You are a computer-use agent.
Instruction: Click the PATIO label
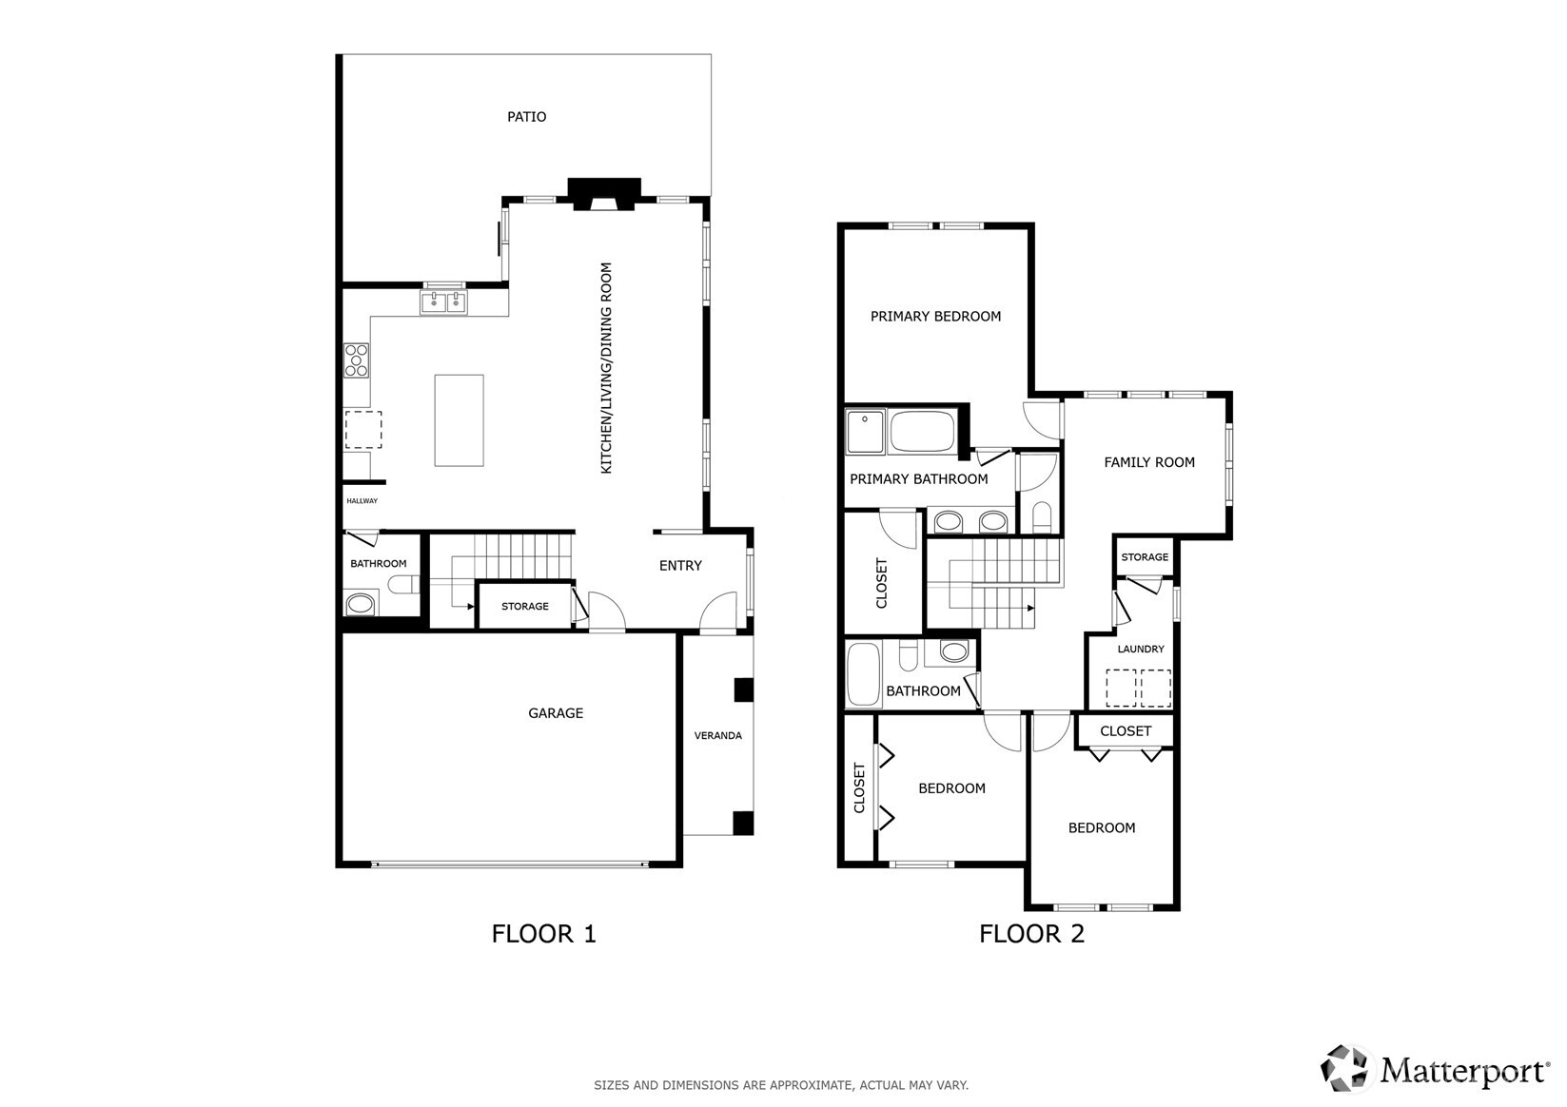(526, 117)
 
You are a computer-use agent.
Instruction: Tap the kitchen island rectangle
(459, 420)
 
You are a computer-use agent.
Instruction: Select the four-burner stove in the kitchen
(356, 360)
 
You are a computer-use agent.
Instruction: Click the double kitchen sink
(443, 302)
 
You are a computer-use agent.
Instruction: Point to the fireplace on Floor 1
(604, 194)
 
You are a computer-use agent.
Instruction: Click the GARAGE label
(556, 713)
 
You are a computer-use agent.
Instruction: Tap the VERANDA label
(717, 736)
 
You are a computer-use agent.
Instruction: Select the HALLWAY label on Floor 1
(362, 500)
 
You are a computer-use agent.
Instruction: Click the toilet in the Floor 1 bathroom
(403, 584)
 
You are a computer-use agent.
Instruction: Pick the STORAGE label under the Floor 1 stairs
(524, 607)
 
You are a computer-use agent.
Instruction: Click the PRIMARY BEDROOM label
(935, 317)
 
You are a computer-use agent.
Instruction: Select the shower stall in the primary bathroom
(865, 432)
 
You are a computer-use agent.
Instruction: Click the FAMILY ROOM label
(1149, 462)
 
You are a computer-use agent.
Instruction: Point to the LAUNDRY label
(1141, 649)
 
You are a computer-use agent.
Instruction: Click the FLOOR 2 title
(1032, 934)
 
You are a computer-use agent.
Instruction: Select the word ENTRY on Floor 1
(680, 566)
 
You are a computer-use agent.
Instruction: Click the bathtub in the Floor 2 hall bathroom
(863, 674)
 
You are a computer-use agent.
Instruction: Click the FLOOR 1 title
(543, 934)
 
